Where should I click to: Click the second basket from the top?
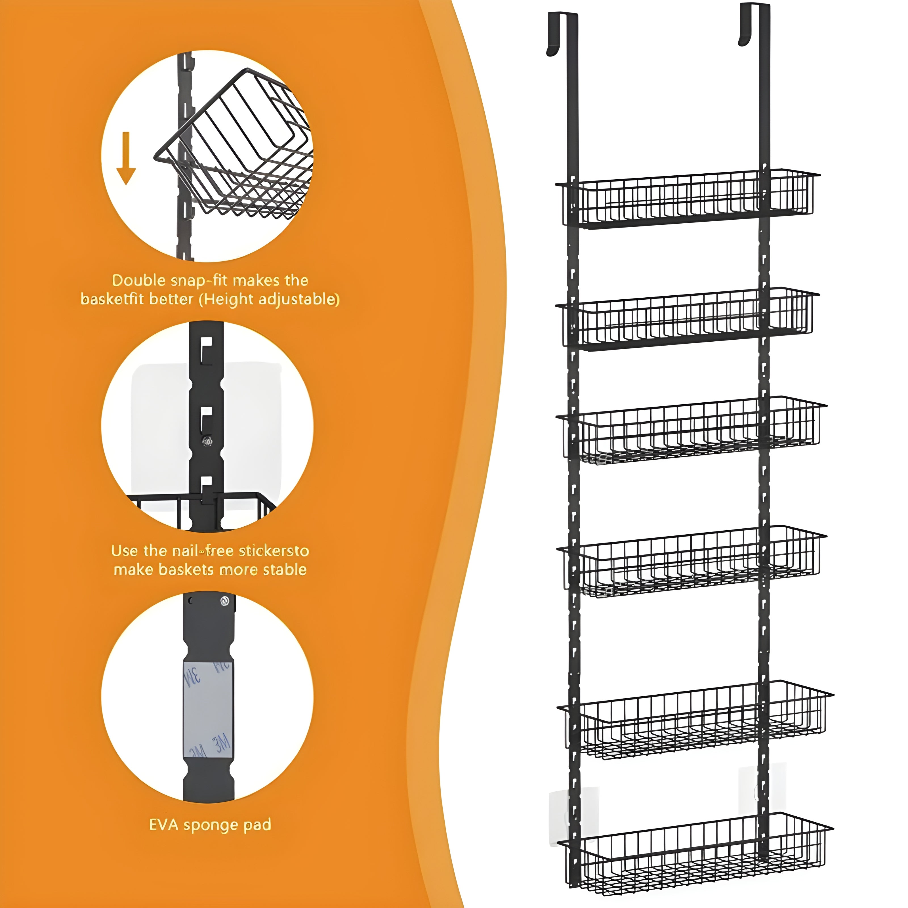(687, 318)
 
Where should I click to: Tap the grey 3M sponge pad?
(208, 710)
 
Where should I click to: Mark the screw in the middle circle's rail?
(207, 441)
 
